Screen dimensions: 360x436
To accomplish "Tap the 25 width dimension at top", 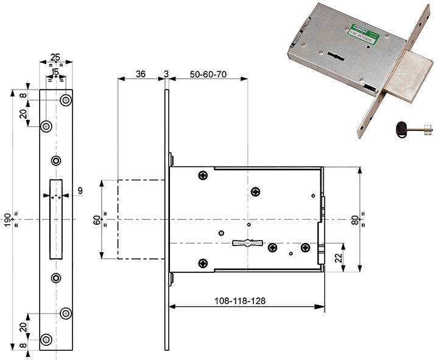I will [55, 58].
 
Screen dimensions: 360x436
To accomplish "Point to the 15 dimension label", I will [55, 72].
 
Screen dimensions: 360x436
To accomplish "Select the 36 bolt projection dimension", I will [140, 74].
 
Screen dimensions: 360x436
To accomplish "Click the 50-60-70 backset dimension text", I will [208, 74].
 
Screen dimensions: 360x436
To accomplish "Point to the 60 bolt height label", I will [96, 219].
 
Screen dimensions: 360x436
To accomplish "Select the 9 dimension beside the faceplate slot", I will [80, 191].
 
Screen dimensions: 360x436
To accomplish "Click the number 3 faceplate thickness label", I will [166, 74].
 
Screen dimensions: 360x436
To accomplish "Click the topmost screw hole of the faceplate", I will [65, 100].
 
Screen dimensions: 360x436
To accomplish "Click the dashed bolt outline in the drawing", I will [141, 219].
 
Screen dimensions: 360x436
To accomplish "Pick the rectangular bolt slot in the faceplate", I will [55, 219].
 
